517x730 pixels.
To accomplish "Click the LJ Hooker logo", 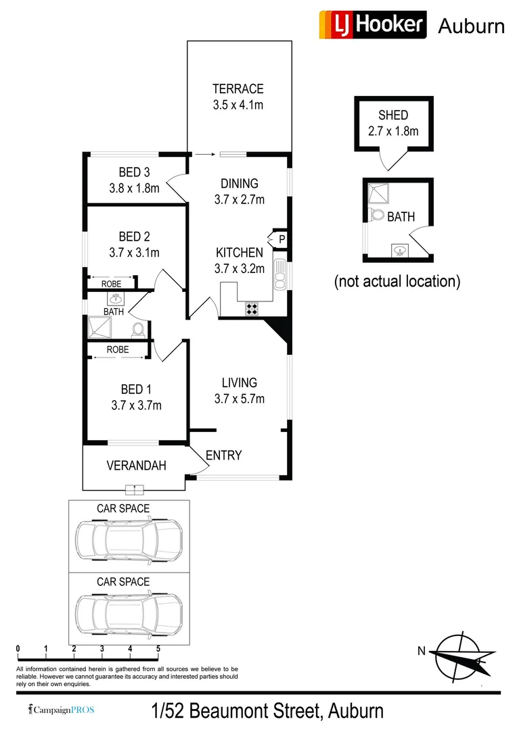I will [x=372, y=25].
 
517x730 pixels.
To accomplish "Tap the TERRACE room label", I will [x=238, y=89].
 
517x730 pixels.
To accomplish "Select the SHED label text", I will [x=393, y=116].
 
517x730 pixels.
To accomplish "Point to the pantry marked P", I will [x=281, y=239].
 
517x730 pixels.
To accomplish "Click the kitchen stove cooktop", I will [x=252, y=309].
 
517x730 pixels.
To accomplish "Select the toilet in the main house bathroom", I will [x=138, y=330].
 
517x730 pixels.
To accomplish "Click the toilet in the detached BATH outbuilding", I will [x=378, y=216].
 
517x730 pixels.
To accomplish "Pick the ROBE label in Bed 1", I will [x=118, y=350].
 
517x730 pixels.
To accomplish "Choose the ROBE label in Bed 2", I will [x=112, y=284].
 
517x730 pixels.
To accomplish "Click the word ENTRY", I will [x=223, y=456].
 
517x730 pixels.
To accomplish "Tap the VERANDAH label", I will [x=136, y=466].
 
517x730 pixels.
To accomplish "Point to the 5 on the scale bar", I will [x=158, y=649].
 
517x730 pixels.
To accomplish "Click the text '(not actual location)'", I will [x=397, y=281].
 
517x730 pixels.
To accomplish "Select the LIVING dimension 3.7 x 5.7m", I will [x=239, y=399].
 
